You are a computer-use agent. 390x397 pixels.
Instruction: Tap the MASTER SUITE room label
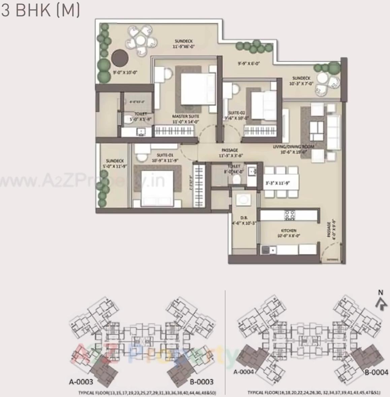click(186, 117)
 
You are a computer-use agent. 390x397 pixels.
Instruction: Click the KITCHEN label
click(289, 231)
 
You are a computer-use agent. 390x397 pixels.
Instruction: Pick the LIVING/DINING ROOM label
click(293, 147)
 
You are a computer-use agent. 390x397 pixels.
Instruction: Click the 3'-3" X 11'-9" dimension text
click(278, 184)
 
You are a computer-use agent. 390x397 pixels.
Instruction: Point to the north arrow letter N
click(381, 293)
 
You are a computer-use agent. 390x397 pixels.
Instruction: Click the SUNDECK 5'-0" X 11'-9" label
click(115, 163)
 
